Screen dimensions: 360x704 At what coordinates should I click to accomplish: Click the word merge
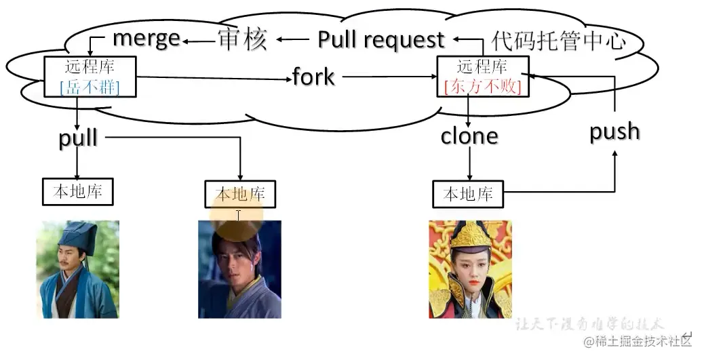point(146,38)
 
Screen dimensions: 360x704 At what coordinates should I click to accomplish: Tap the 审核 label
point(242,40)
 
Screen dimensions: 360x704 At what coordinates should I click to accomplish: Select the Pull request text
point(381,40)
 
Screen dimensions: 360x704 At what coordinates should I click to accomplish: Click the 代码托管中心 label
point(558,41)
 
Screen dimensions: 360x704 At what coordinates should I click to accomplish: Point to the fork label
point(313,77)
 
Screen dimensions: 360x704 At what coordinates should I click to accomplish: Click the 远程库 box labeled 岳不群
point(91,77)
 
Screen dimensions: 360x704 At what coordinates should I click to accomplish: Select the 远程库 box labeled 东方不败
point(482,77)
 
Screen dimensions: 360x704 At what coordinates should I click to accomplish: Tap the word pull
point(78,138)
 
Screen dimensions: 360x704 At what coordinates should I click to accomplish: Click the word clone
point(469,136)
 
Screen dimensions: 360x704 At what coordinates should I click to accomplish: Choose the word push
point(614,132)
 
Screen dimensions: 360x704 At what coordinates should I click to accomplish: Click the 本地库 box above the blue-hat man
point(77,192)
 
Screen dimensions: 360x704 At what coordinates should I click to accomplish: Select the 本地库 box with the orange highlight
point(240,195)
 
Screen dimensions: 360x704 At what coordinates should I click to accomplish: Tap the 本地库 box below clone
point(468,195)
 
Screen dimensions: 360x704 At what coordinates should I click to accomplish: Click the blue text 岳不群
point(91,86)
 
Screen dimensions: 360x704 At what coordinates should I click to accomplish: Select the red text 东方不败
point(482,87)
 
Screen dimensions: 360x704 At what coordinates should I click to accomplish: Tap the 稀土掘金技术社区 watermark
point(637,341)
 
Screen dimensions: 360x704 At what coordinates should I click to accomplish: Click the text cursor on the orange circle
point(238,216)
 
